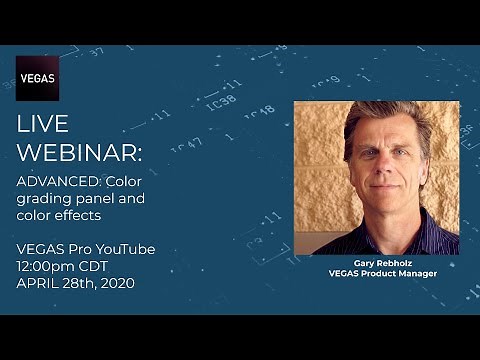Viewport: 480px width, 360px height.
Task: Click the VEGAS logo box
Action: pos(37,78)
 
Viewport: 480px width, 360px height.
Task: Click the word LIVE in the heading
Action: pos(42,124)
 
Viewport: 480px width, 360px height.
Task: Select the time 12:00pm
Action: pos(51,266)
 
